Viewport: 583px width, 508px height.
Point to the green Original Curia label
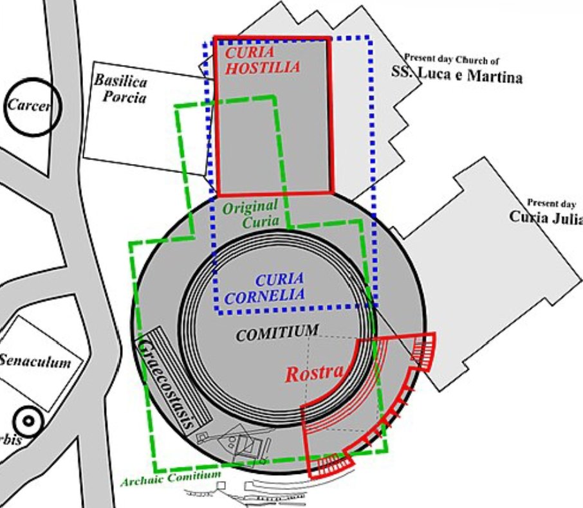coord(252,213)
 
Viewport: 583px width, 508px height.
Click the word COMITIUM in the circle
coord(277,332)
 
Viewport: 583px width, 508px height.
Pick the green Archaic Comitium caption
coord(171,477)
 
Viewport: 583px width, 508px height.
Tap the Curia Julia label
coord(546,217)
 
